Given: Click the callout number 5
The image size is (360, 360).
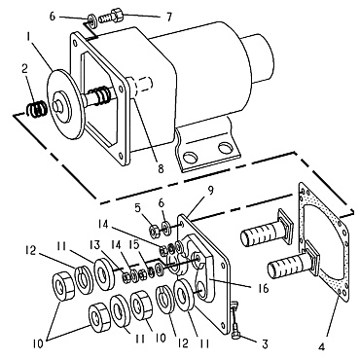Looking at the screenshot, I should [139, 207].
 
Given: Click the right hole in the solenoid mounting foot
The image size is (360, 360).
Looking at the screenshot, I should [228, 149].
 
